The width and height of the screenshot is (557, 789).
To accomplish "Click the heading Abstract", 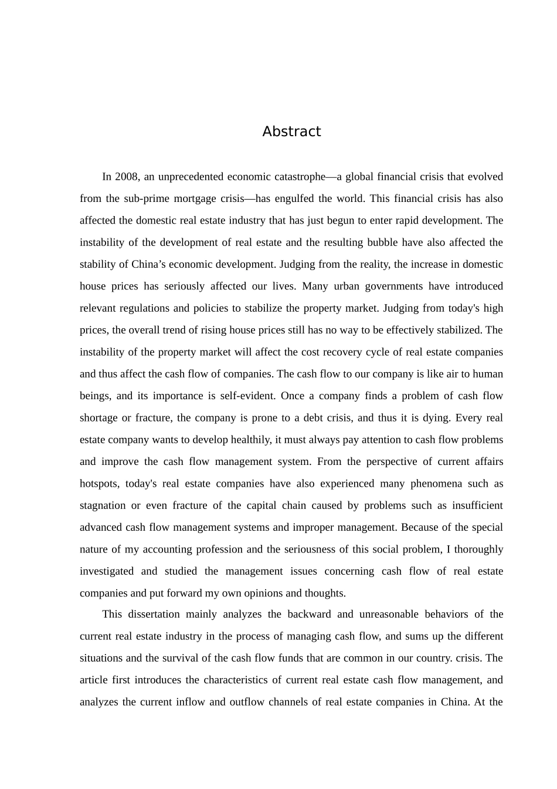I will (291, 131).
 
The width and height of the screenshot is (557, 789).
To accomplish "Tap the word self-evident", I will (247, 396).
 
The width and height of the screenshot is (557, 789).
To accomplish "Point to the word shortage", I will (98, 418).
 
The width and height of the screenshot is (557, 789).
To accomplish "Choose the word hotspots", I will (99, 484).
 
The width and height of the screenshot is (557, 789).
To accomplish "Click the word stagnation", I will (103, 505).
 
